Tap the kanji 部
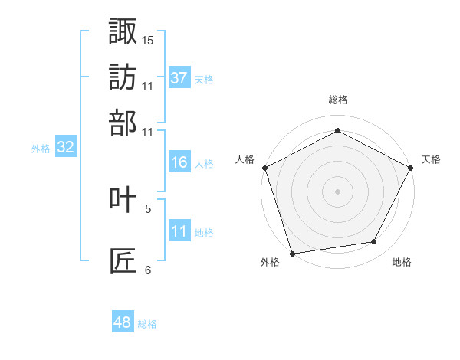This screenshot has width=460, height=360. click(x=123, y=123)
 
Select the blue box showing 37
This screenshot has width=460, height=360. click(x=179, y=78)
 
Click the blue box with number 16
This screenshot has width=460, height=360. click(x=179, y=163)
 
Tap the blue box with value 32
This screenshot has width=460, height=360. click(x=65, y=149)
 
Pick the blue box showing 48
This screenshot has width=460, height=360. click(x=122, y=323)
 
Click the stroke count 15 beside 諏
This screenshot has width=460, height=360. click(x=148, y=39)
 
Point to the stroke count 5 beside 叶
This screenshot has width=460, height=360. click(x=148, y=208)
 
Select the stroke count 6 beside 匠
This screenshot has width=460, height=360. click(x=148, y=270)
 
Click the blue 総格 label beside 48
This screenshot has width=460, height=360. click(x=147, y=324)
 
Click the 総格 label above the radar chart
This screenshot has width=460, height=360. click(x=337, y=100)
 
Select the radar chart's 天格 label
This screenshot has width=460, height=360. click(x=431, y=159)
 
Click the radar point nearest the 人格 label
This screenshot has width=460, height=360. click(x=264, y=167)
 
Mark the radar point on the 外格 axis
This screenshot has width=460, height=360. click(x=292, y=252)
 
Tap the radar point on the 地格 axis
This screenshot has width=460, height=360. click(x=374, y=242)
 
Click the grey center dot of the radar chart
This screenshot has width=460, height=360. click(x=337, y=191)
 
